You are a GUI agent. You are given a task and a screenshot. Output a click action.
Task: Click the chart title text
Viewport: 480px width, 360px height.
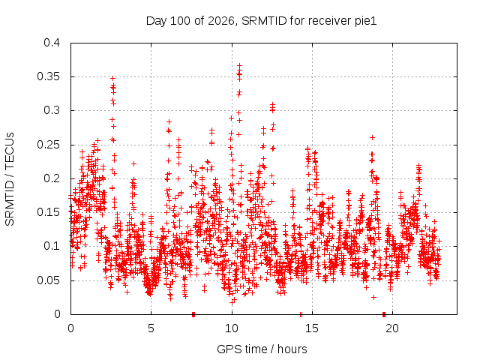click(x=261, y=21)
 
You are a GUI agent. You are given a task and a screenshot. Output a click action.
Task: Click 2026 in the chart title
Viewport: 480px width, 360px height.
click(x=221, y=21)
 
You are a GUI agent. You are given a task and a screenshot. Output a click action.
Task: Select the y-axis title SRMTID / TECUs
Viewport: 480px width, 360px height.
click(x=10, y=179)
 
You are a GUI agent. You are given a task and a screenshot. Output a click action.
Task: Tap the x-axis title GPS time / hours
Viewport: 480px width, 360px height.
click(x=262, y=349)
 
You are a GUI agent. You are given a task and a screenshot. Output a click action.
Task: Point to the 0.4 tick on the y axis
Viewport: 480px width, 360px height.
click(x=52, y=43)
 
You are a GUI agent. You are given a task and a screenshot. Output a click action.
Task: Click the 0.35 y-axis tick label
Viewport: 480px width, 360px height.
click(x=49, y=76)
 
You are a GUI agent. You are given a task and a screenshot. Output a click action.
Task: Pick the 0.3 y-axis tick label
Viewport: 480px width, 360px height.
click(x=52, y=110)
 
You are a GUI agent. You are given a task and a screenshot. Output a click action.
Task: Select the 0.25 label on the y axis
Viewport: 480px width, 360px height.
click(x=49, y=145)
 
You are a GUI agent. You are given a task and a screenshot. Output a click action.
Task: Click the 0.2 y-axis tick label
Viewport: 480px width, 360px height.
click(x=52, y=178)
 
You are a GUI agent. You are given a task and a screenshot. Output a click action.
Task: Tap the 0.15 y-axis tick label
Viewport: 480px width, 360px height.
click(x=49, y=212)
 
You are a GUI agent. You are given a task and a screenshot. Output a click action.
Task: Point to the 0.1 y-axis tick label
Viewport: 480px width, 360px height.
click(x=52, y=246)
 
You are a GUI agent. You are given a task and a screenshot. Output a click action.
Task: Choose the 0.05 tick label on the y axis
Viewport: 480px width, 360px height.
click(x=49, y=280)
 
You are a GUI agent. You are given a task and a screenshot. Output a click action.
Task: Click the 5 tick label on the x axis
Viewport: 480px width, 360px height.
click(x=151, y=328)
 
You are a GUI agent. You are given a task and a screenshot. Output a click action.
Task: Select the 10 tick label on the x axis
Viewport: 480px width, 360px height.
click(x=232, y=328)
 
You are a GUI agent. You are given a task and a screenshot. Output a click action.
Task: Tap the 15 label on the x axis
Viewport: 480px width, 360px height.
click(x=312, y=328)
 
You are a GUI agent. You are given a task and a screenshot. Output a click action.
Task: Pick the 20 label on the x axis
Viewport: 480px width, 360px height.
click(x=392, y=328)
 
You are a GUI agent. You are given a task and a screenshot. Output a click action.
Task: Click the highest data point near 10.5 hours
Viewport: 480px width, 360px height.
click(x=240, y=65)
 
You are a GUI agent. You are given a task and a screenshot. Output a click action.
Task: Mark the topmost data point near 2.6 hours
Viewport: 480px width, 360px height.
click(x=113, y=78)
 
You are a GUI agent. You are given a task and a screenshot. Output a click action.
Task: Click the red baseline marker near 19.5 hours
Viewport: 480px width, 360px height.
click(x=384, y=314)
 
